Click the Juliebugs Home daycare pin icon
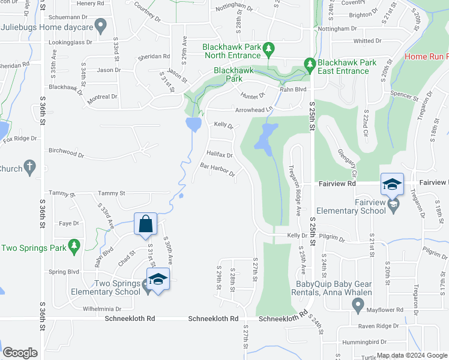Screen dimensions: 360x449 click(x=101, y=26)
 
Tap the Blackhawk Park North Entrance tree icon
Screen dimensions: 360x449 click(x=270, y=47)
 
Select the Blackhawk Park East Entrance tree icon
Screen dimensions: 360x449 click(x=310, y=63)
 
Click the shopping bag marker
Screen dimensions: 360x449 click(x=145, y=225)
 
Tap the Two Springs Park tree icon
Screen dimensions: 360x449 click(x=74, y=245)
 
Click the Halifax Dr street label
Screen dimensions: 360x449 click(x=220, y=155)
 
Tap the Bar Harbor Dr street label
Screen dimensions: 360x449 click(x=217, y=170)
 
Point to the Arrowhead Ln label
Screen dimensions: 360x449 click(x=253, y=110)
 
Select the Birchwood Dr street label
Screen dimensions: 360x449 click(x=64, y=151)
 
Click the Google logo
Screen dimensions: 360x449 click(x=20, y=353)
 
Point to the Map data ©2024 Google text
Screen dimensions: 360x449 click(x=411, y=355)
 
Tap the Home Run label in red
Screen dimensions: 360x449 click(x=426, y=56)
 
